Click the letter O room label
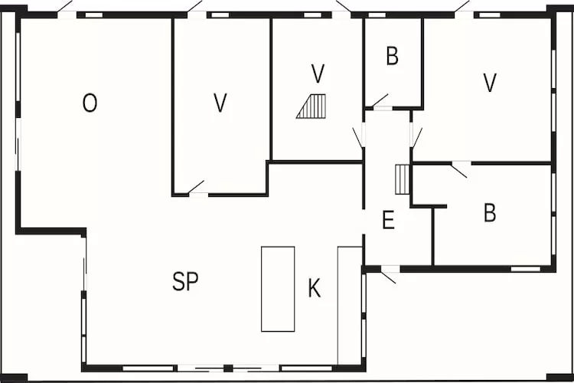90,103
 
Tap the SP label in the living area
185,282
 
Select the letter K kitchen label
314,289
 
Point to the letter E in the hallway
388,221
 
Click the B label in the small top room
392,57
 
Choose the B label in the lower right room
490,214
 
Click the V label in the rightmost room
490,83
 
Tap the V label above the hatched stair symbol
318,74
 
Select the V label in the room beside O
220,103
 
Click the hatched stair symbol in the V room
312,106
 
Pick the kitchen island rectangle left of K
278,289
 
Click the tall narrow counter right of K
349,304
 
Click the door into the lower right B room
459,169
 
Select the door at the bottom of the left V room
197,187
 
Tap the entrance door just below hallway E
389,274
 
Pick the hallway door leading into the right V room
416,137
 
